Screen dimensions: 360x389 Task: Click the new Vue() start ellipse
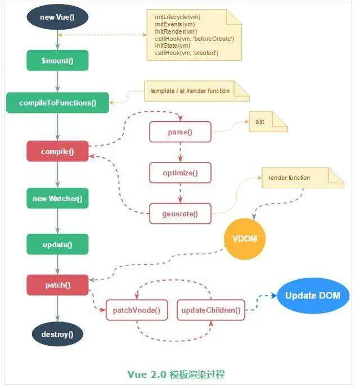(57, 17)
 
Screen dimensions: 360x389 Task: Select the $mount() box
(57, 60)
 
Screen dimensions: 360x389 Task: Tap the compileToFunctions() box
(57, 103)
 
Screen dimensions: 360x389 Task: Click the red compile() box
(57, 151)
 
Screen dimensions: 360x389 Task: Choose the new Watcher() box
(57, 198)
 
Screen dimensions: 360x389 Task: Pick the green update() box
(57, 244)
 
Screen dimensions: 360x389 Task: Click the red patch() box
(57, 285)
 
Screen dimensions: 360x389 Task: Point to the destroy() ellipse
(57, 334)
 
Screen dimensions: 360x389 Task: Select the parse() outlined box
(180, 132)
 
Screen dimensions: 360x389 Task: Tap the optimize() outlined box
(180, 173)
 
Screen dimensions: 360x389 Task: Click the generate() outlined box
(180, 214)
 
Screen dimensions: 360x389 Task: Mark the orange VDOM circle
(245, 239)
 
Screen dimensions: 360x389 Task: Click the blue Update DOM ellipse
(313, 296)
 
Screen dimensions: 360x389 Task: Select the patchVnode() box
(137, 310)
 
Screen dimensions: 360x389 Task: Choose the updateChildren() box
(211, 310)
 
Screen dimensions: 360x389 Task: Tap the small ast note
(268, 121)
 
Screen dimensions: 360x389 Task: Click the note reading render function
(303, 178)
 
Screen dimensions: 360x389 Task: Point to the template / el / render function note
(197, 91)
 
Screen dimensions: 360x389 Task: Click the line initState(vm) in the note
(173, 46)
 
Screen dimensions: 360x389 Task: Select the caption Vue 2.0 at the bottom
(147, 374)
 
